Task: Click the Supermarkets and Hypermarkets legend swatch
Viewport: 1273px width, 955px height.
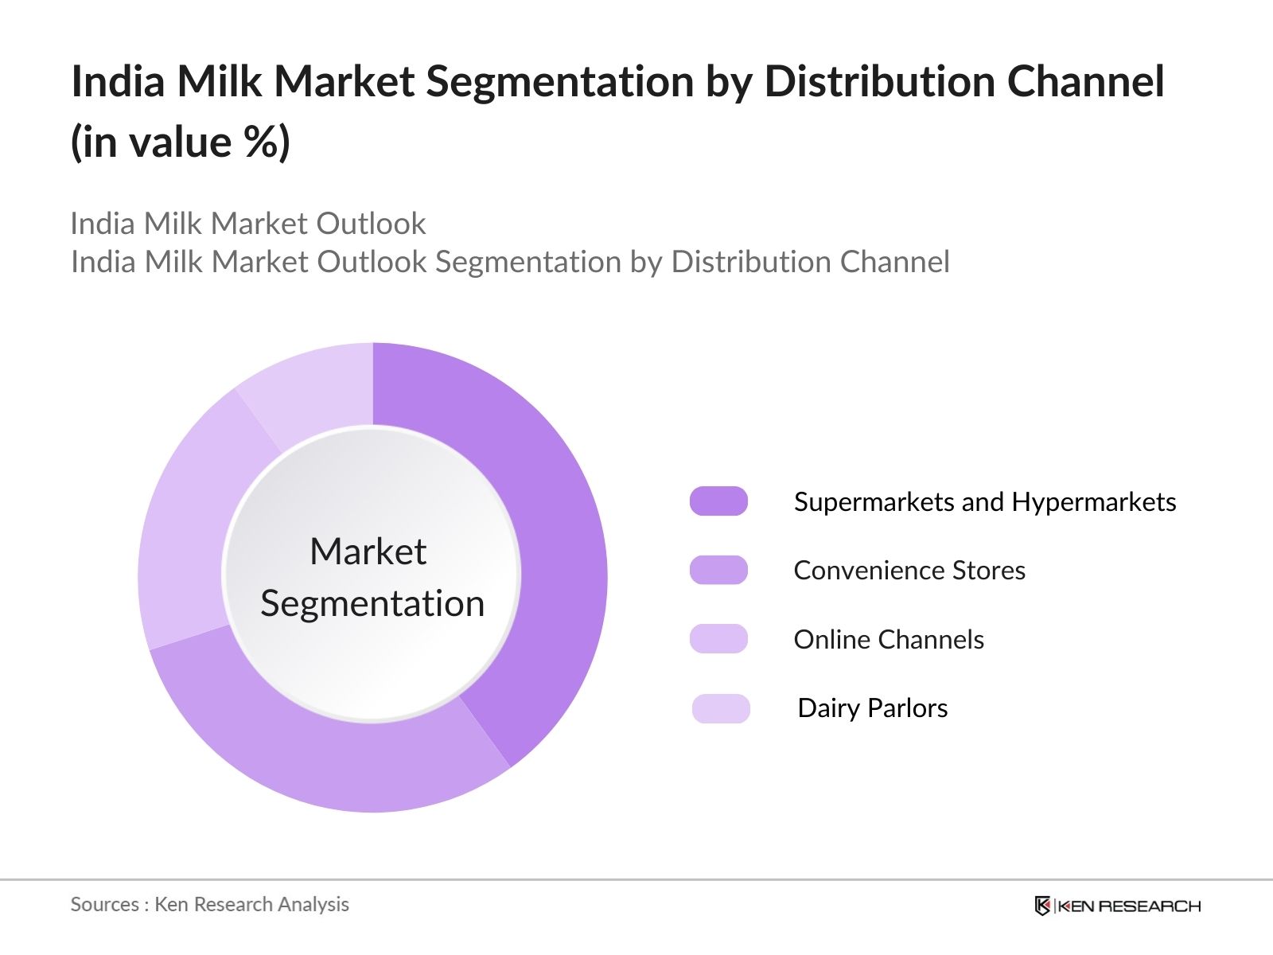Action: click(718, 501)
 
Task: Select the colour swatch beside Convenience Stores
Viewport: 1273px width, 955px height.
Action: click(718, 570)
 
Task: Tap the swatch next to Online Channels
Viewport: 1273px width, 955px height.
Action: click(718, 639)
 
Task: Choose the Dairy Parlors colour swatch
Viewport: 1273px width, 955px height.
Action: click(721, 708)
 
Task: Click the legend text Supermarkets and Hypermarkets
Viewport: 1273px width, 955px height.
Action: click(985, 502)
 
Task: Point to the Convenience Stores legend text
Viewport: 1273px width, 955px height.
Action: click(909, 571)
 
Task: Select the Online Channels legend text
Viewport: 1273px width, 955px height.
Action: click(889, 640)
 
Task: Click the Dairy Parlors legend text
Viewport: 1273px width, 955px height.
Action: click(873, 708)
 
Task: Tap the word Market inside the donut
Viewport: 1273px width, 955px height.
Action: click(368, 552)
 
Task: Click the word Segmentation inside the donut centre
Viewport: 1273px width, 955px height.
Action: click(372, 603)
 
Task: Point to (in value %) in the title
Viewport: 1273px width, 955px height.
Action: click(181, 142)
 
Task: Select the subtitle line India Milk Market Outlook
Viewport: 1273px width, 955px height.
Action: click(248, 224)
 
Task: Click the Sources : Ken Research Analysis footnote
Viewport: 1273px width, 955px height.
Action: click(209, 905)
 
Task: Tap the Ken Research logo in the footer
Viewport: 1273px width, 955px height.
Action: click(1117, 906)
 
